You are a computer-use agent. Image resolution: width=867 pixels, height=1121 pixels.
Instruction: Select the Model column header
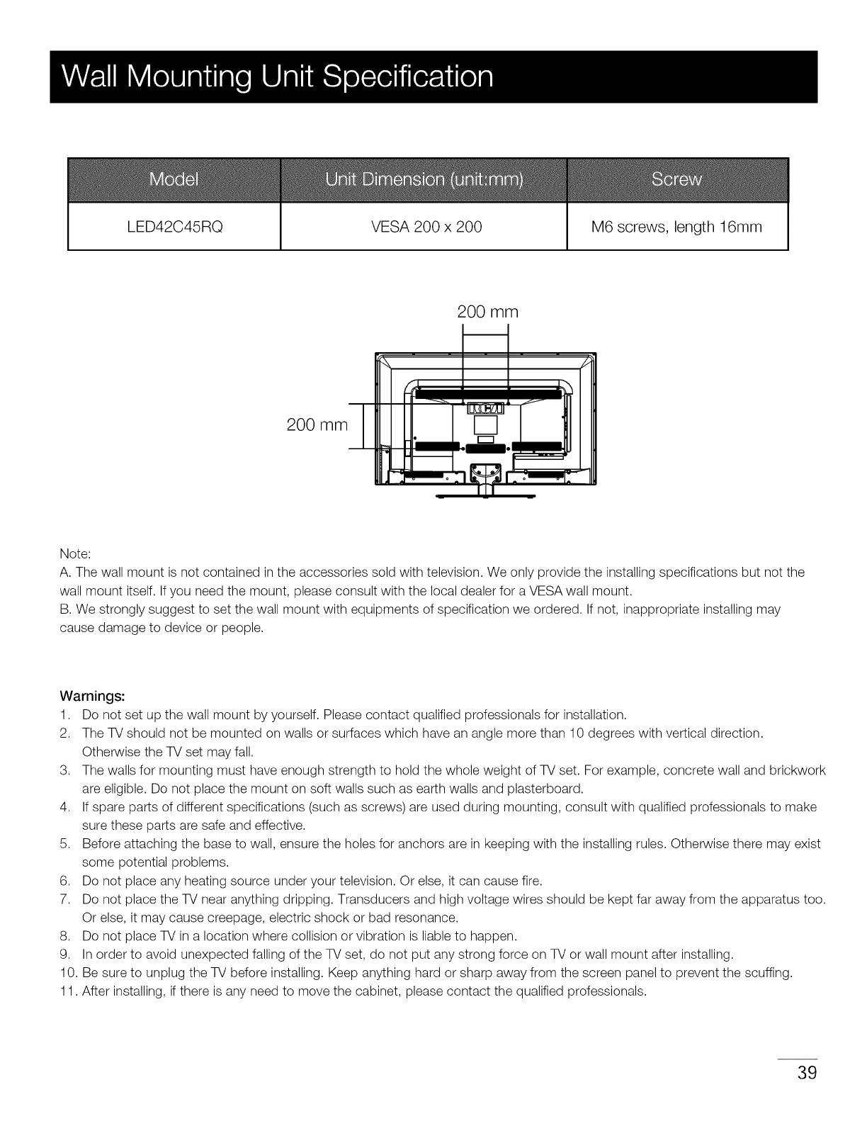coord(174,180)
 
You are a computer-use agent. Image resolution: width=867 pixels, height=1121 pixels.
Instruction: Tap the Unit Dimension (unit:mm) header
coord(424,180)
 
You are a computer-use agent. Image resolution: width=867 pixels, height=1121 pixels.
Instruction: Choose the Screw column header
coord(676,180)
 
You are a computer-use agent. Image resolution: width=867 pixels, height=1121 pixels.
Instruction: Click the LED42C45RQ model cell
coord(174,227)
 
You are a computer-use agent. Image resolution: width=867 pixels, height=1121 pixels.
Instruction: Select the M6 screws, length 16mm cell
coord(676,227)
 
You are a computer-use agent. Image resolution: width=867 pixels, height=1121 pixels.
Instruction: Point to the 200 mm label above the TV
coord(488,312)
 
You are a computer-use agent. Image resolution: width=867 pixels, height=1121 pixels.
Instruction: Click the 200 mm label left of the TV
coord(317,425)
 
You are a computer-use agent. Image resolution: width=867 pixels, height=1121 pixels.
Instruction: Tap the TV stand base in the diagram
coord(486,496)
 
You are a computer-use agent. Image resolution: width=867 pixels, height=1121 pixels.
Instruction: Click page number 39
coord(807,1072)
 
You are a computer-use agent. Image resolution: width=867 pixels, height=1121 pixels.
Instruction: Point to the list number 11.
coord(68,991)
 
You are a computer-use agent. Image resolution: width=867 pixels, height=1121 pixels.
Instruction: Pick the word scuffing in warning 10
coord(766,972)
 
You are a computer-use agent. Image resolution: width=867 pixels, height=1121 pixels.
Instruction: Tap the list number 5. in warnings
coord(64,844)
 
